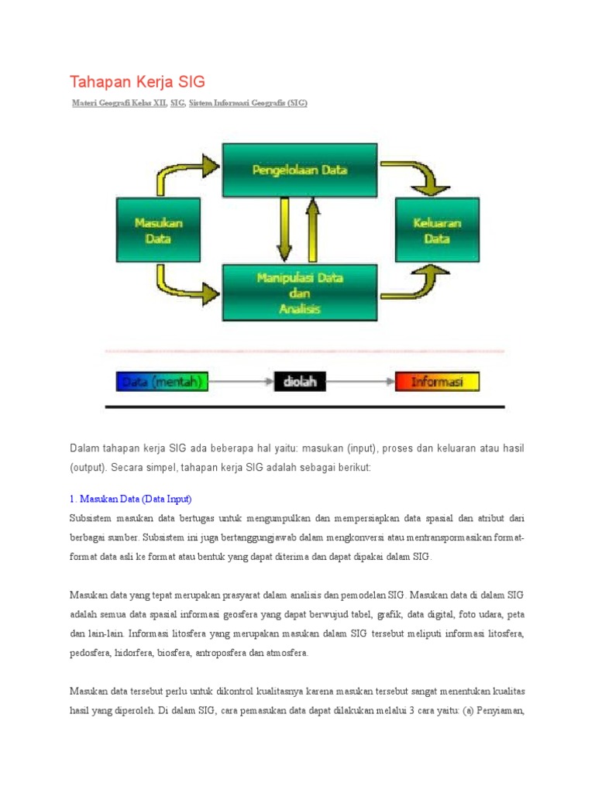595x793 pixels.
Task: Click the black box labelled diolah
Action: click(x=300, y=381)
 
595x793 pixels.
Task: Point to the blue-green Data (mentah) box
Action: click(x=162, y=381)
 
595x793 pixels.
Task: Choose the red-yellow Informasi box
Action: click(x=437, y=381)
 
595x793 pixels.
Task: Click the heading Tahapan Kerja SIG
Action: click(x=137, y=82)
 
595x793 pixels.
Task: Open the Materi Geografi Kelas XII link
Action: click(x=119, y=103)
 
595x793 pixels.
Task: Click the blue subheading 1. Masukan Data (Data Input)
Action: click(x=130, y=498)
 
